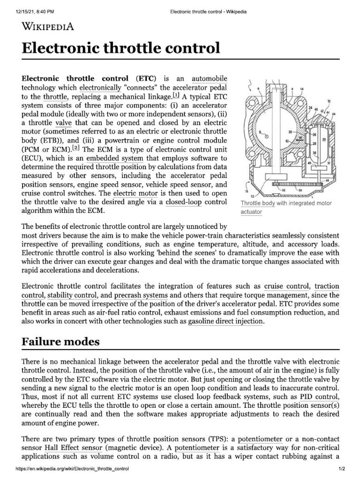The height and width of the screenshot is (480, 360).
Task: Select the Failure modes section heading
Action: (x=60, y=341)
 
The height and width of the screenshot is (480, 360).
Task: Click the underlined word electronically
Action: (x=100, y=87)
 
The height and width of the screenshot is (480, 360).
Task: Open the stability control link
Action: (x=73, y=295)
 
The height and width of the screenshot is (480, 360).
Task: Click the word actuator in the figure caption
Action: (x=251, y=212)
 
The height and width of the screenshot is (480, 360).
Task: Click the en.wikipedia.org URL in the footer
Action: (x=65, y=469)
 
